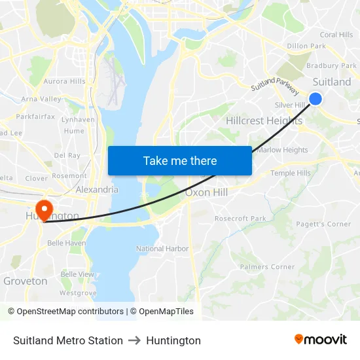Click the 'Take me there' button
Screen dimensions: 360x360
(x=180, y=160)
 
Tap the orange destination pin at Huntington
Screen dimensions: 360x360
(x=44, y=209)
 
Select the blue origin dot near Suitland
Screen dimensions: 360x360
(x=315, y=98)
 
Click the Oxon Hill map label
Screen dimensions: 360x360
(x=206, y=192)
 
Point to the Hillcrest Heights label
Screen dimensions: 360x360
(x=264, y=121)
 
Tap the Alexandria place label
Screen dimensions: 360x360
(x=97, y=190)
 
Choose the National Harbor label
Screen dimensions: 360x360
(x=162, y=249)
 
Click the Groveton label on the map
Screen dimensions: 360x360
(x=26, y=281)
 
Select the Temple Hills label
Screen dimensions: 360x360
(x=291, y=173)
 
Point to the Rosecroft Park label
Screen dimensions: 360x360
(x=240, y=219)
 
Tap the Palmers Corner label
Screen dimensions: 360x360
(x=267, y=267)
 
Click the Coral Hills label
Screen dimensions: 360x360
(x=336, y=35)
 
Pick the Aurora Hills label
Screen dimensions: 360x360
(x=64, y=81)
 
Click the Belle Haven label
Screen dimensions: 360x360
(x=66, y=243)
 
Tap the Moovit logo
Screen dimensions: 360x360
(x=320, y=340)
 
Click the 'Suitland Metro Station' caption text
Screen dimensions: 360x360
(x=68, y=340)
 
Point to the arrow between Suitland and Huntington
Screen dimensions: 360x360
(x=134, y=340)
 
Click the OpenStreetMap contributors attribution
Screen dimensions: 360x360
(x=67, y=312)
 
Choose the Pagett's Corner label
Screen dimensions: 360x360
(x=323, y=224)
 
